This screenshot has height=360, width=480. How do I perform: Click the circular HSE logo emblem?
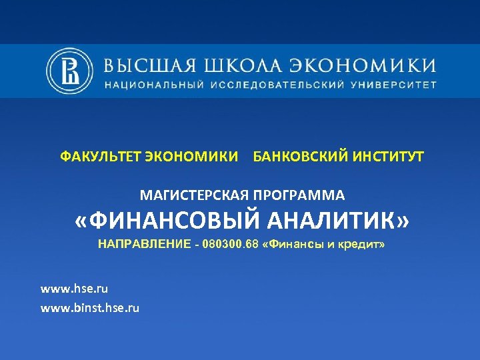click(67, 71)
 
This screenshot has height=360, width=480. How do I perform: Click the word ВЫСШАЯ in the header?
click(141, 66)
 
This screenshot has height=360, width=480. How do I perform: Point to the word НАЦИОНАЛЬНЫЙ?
click(153, 85)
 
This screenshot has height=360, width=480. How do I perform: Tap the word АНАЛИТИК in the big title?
click(331, 220)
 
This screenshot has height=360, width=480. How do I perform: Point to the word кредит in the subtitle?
click(361, 245)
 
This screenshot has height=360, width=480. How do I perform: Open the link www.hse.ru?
click(75, 289)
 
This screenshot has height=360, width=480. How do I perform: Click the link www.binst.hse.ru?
click(90, 308)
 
